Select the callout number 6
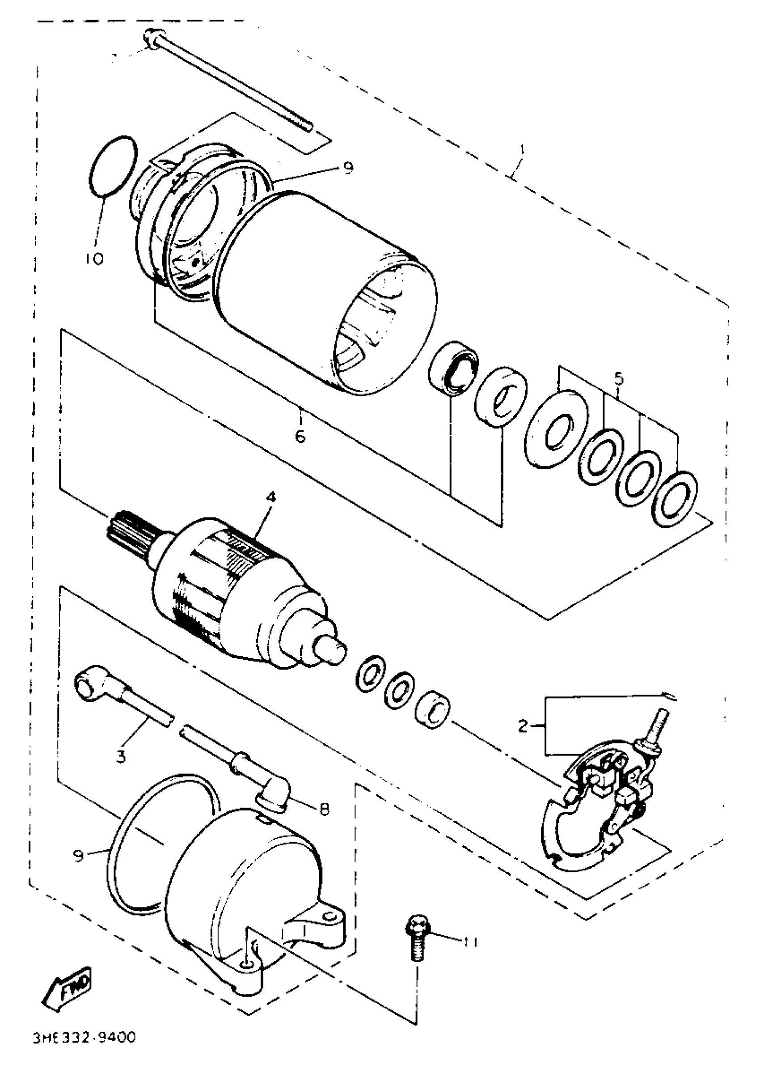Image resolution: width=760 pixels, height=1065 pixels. (300, 436)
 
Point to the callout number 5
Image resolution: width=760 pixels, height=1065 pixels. (618, 378)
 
